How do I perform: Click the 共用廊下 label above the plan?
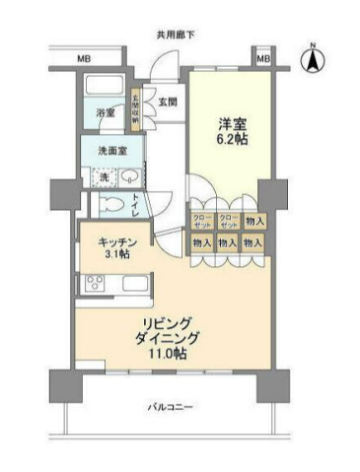[176, 35]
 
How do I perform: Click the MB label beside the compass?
[262, 60]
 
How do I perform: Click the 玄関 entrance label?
[167, 101]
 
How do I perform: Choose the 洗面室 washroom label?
[112, 152]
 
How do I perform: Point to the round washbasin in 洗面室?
[129, 177]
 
